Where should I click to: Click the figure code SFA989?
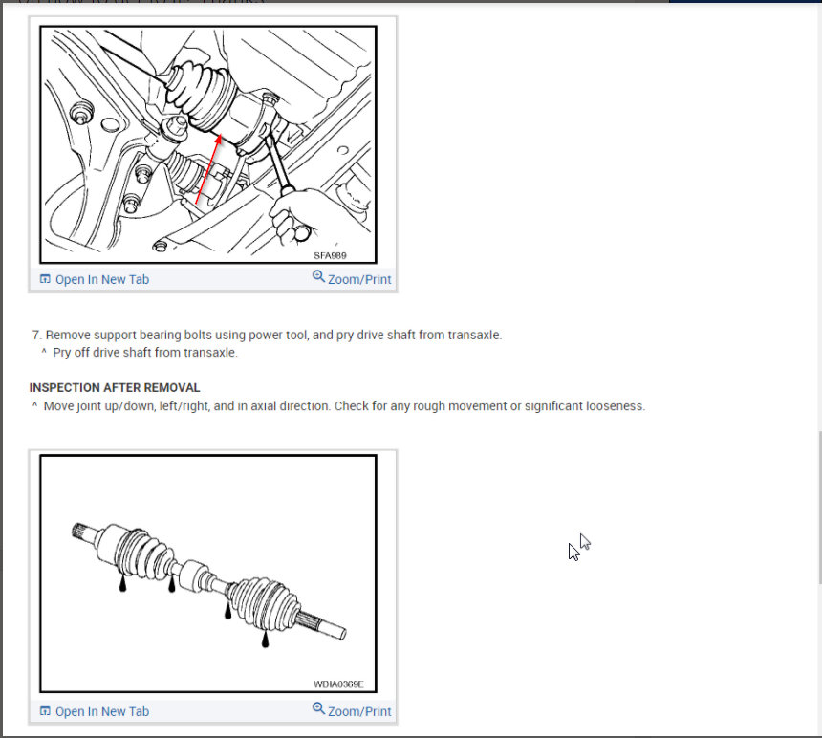[x=330, y=255]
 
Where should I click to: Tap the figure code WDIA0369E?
[x=338, y=684]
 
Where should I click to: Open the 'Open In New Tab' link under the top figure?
[x=102, y=279]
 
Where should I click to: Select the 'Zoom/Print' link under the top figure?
[x=359, y=279]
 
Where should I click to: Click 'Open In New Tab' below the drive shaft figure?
[x=102, y=711]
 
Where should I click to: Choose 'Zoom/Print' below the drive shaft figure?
[x=359, y=711]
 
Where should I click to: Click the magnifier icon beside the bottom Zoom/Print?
[x=318, y=708]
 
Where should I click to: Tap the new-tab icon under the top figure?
[x=45, y=279]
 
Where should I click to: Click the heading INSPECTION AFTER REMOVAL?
[x=115, y=387]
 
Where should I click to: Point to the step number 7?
[x=36, y=335]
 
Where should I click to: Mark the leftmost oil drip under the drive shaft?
[x=122, y=584]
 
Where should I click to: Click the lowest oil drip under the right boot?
[x=265, y=643]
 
